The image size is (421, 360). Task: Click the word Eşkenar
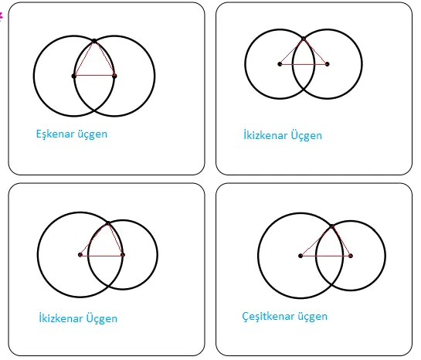56,134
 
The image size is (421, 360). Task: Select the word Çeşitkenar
269,317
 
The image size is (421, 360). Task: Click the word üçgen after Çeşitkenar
312,317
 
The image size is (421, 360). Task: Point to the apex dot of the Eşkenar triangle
94,40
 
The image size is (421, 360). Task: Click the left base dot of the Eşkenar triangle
74,76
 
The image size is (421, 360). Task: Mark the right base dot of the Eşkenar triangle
114,76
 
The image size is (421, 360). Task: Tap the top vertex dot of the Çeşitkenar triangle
331,226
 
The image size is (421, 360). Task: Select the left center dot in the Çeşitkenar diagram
300,255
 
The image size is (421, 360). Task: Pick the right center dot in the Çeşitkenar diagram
351,255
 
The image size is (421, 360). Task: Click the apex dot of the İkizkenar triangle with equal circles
304,38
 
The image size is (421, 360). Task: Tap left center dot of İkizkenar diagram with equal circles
280,63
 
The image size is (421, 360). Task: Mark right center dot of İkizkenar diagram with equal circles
327,63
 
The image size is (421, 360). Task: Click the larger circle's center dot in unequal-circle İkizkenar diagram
80,254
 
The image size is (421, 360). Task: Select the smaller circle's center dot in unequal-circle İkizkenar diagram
123,254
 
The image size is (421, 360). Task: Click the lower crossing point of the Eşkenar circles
94,111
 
